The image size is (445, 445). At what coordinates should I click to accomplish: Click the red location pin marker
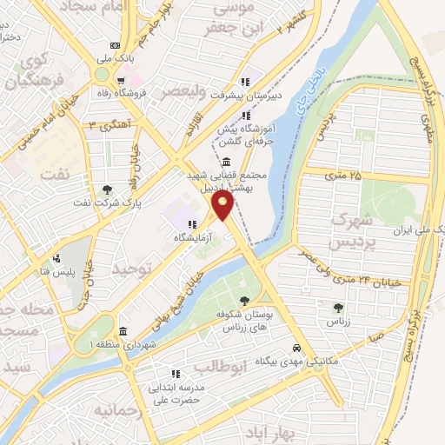pyautogui.click(x=224, y=206)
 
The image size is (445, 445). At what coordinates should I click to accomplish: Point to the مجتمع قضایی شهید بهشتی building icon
pyautogui.click(x=226, y=162)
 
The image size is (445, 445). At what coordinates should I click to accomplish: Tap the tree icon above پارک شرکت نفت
pyautogui.click(x=107, y=189)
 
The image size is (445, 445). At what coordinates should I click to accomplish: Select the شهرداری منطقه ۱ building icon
pyautogui.click(x=122, y=332)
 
